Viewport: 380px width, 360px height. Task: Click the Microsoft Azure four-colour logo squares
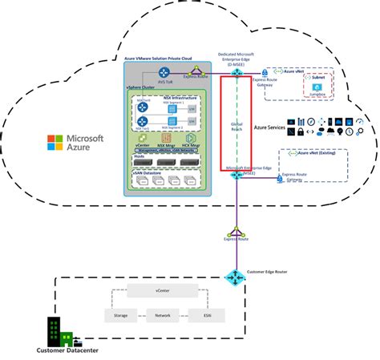pos(55,142)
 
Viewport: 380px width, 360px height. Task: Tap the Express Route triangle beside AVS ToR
pos(191,74)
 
